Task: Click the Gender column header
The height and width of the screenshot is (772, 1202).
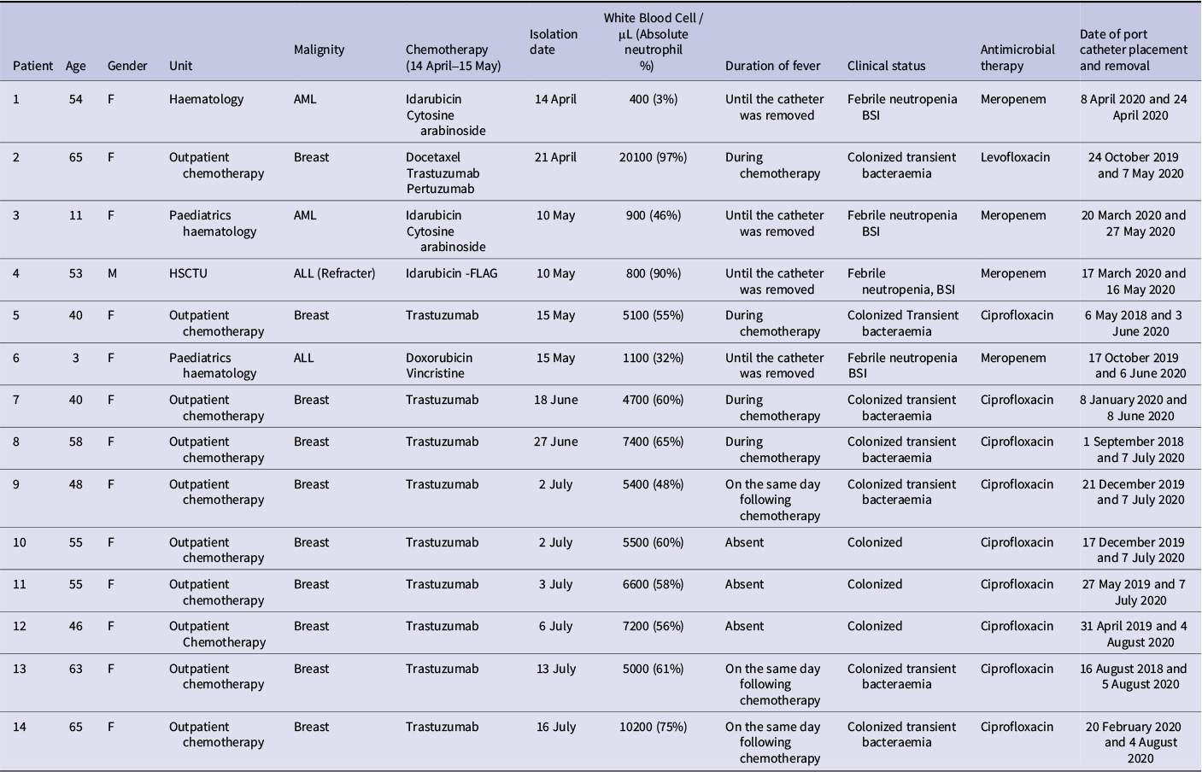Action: [x=127, y=66]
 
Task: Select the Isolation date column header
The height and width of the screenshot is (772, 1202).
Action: [x=554, y=42]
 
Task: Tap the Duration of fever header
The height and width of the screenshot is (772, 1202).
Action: [x=772, y=66]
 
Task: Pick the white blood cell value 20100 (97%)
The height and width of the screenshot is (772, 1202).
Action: [x=653, y=157]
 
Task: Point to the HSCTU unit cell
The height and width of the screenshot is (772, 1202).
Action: [x=188, y=273]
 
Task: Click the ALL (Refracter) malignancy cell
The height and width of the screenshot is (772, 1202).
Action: [x=334, y=273]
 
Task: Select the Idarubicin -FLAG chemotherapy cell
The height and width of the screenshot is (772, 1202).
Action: [x=451, y=273]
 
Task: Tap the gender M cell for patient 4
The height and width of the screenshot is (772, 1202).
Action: [x=112, y=273]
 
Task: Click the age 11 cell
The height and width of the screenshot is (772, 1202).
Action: [x=76, y=215]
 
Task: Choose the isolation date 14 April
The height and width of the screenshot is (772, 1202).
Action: [x=555, y=99]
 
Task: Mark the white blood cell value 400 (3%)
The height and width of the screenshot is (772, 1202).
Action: [x=653, y=99]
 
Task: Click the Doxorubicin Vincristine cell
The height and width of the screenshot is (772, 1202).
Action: [x=439, y=366]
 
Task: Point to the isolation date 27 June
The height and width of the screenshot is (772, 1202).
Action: [x=555, y=442]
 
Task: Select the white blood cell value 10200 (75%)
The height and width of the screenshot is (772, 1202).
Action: [x=653, y=727]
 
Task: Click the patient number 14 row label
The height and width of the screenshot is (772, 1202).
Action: [x=20, y=727]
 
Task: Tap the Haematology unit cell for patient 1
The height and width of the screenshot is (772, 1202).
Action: [x=206, y=99]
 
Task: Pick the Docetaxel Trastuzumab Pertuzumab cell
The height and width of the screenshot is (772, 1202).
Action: [x=443, y=173]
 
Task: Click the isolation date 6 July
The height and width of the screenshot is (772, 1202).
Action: [x=555, y=626]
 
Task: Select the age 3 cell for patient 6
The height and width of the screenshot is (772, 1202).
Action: [x=76, y=358]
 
